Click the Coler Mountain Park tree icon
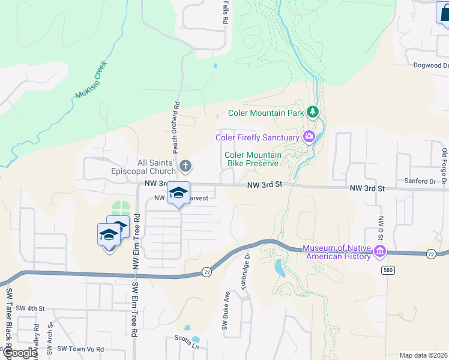pyautogui.click(x=312, y=112)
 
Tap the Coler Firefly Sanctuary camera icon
pyautogui.click(x=309, y=137)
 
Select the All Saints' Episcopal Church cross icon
pyautogui.click(x=186, y=165)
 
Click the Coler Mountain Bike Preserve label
pyautogui.click(x=252, y=159)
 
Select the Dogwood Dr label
pyautogui.click(x=430, y=65)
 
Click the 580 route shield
pyautogui.click(x=387, y=271)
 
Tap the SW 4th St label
pyautogui.click(x=30, y=308)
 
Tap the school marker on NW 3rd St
pyautogui.click(x=178, y=193)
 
